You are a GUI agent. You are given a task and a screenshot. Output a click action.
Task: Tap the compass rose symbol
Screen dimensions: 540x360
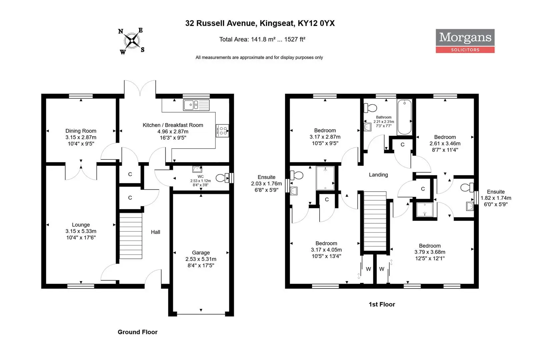pos(132,41)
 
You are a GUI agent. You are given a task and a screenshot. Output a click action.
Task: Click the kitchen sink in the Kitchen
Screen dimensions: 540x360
pos(196,105)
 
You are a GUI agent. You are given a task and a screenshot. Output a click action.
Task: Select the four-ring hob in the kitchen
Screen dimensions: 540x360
pos(222,131)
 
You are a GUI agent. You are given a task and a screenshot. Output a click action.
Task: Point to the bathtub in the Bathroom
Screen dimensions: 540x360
pos(405,117)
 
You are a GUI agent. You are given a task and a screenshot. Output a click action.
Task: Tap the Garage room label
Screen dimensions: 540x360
pos(201,252)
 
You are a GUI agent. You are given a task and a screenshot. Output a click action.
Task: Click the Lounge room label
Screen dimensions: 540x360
pos(81,225)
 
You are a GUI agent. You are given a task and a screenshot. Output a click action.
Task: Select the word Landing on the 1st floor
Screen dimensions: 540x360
pos(378,175)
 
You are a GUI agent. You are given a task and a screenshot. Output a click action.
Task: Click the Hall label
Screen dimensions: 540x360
pos(155,232)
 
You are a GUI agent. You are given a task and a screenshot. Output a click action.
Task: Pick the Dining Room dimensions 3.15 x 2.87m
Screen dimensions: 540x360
pos(81,137)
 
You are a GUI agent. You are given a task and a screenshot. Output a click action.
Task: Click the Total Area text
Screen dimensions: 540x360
pos(262,39)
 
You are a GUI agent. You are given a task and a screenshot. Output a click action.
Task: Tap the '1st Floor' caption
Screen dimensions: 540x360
pos(382,304)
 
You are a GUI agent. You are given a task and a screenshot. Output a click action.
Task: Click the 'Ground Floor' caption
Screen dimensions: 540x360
pos(137,332)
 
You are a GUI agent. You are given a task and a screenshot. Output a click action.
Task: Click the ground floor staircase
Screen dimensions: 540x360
pos(131,236)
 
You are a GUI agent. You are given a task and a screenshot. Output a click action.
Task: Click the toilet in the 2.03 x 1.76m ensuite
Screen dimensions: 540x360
pos(296,175)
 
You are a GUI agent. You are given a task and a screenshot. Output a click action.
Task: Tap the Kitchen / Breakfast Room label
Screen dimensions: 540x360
pos(173,125)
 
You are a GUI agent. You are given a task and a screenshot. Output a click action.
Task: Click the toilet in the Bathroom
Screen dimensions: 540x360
pos(370,108)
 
